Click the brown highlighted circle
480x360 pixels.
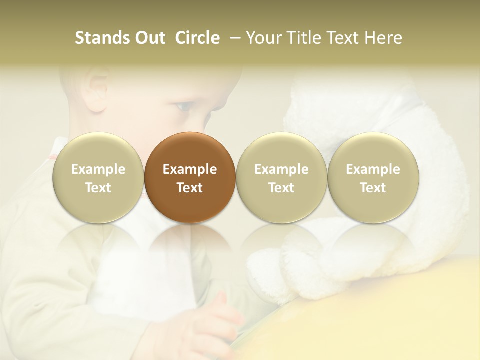coord(190,177)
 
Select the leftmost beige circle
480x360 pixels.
coord(98,177)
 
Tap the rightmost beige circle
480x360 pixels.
coord(373,177)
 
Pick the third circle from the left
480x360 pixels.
coord(281,177)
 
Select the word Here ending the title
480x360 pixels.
coord(385,38)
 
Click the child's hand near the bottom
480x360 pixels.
coord(228,315)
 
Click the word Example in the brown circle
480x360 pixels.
coord(190,169)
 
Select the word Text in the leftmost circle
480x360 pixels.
coord(98,188)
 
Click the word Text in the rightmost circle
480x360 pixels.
coord(373,188)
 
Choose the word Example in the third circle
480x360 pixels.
coord(281,169)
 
